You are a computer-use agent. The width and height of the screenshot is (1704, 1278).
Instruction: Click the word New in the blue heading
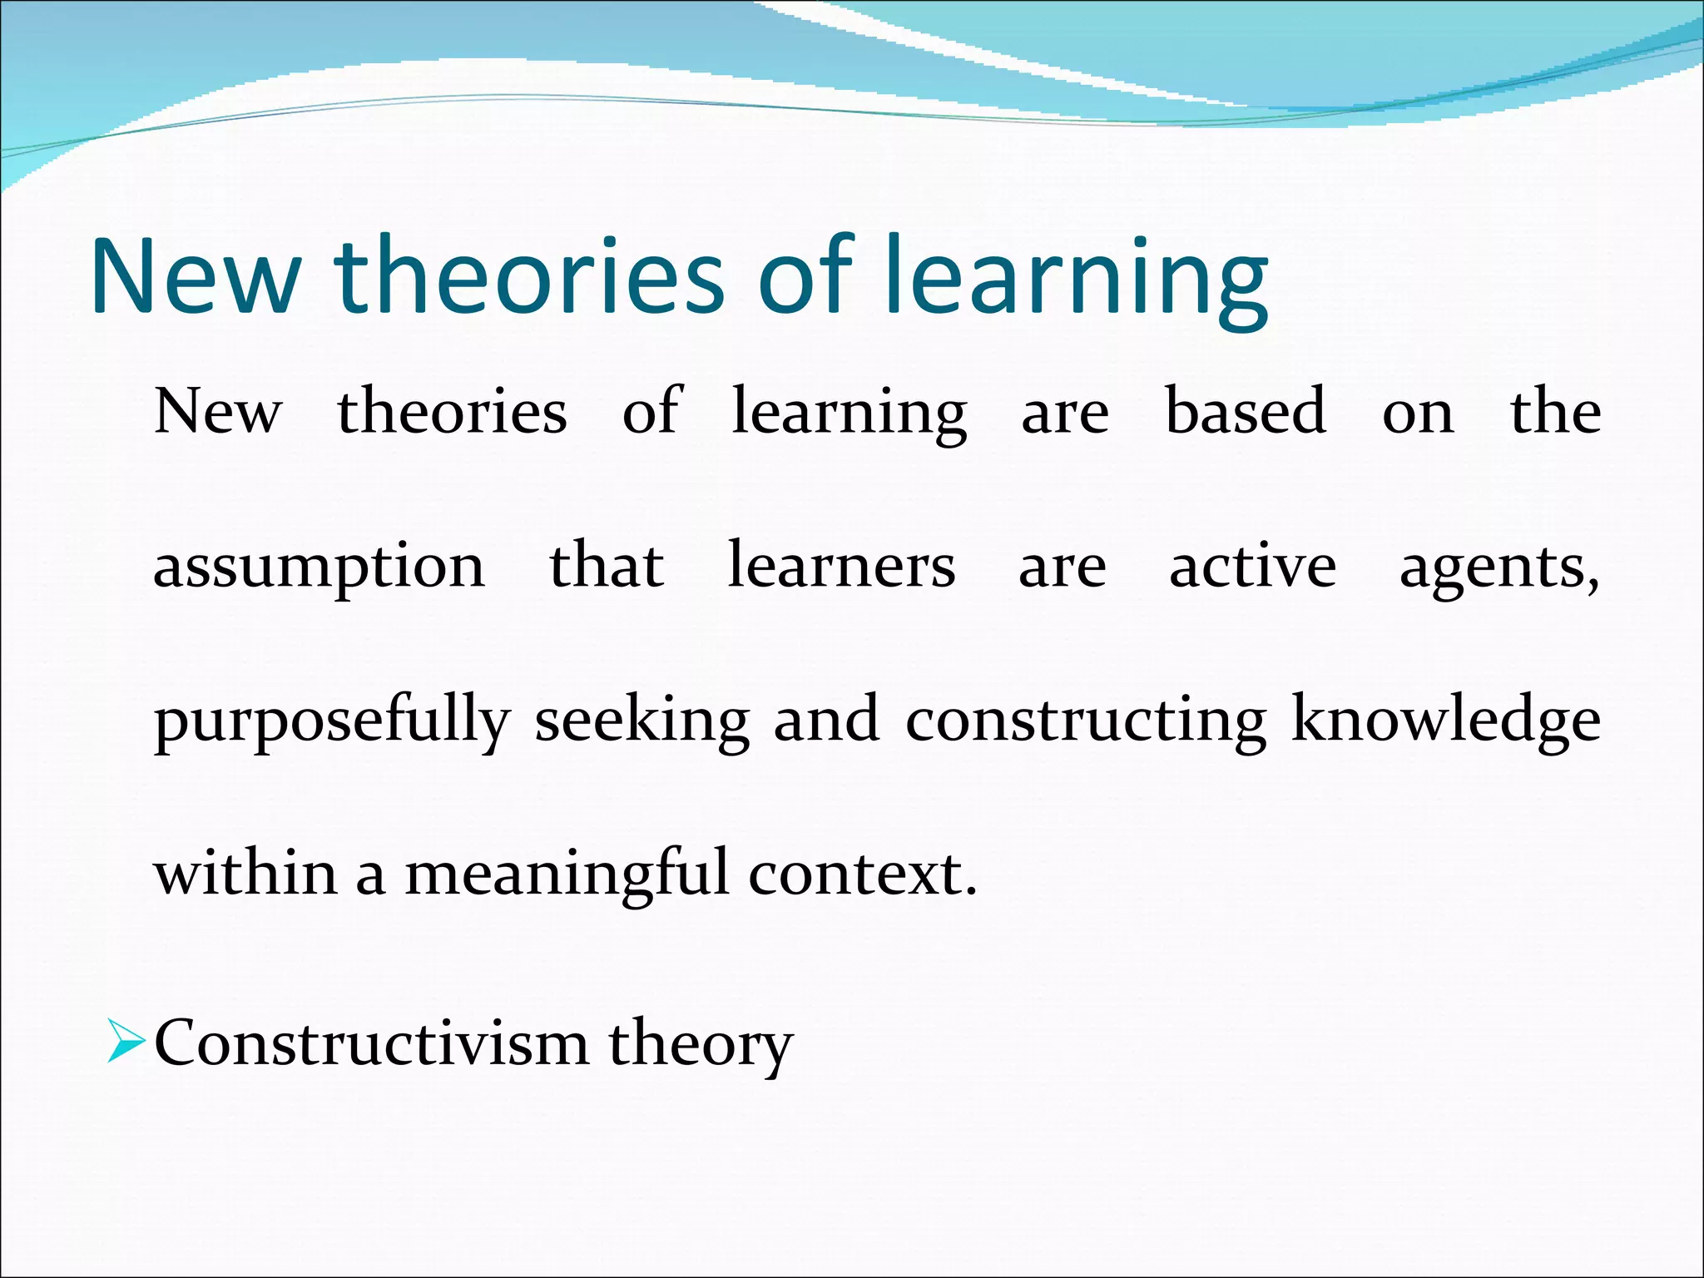pos(195,277)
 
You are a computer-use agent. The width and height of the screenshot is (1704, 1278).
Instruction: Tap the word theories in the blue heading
pos(529,277)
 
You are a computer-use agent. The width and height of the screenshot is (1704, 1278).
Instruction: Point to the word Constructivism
pos(371,1043)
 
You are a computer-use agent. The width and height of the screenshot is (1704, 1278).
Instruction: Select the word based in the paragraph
pos(1245,411)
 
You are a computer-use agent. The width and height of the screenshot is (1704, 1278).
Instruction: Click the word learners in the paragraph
pos(841,566)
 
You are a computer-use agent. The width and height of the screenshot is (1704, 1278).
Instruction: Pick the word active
pos(1252,566)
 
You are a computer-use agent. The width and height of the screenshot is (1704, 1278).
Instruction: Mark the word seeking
pos(641,721)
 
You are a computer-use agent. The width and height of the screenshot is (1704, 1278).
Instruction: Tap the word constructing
pos(1086,721)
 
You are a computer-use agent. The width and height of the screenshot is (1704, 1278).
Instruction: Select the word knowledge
pos(1445,721)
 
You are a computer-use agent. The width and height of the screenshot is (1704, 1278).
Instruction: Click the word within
pos(245,874)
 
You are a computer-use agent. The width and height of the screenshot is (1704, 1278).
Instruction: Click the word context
pos(861,874)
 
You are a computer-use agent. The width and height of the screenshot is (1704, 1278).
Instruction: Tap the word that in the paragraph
pos(606,566)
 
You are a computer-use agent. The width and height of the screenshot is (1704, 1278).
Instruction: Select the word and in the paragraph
pos(825,719)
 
